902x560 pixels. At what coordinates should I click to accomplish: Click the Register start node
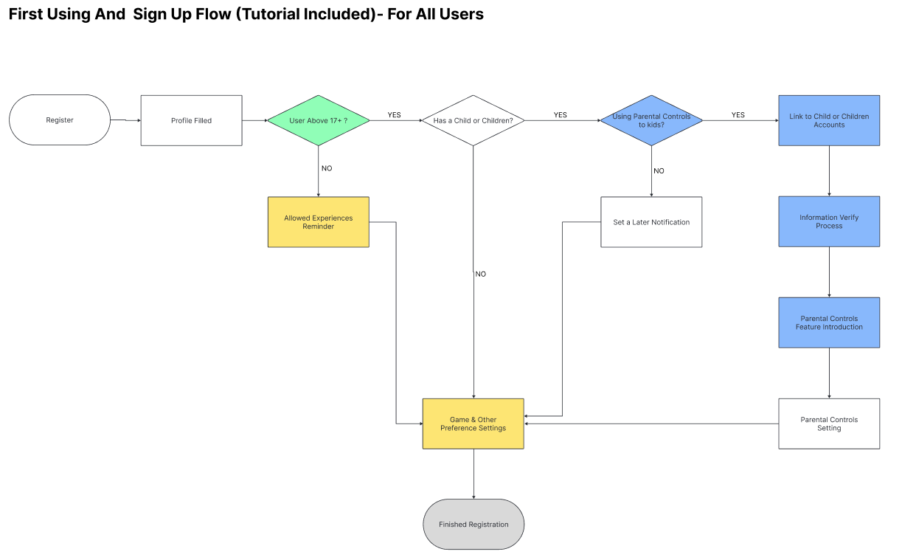[60, 120]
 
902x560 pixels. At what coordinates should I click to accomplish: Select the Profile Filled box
[191, 120]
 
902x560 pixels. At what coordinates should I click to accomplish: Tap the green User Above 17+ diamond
[318, 120]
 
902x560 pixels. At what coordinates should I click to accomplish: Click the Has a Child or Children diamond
[473, 120]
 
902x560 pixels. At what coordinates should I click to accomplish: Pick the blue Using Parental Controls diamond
[651, 120]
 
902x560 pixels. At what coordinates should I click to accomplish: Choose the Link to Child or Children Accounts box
[829, 120]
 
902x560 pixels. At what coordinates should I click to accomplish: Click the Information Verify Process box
[829, 221]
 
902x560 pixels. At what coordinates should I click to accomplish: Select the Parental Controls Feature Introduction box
[829, 322]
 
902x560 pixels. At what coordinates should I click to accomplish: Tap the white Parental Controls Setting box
[829, 424]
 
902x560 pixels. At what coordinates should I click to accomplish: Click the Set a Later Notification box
[651, 222]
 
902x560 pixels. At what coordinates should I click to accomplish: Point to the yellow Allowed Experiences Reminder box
[318, 222]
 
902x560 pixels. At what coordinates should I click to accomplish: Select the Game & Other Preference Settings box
[473, 424]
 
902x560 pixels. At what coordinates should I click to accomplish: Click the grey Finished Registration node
[473, 525]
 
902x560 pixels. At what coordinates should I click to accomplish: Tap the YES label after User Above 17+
[395, 115]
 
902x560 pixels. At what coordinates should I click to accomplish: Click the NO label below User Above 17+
[327, 168]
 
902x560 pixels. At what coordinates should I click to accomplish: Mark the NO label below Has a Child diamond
[481, 274]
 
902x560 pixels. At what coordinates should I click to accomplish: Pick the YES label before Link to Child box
[738, 115]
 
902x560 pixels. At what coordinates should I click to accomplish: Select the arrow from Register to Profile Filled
[125, 120]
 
